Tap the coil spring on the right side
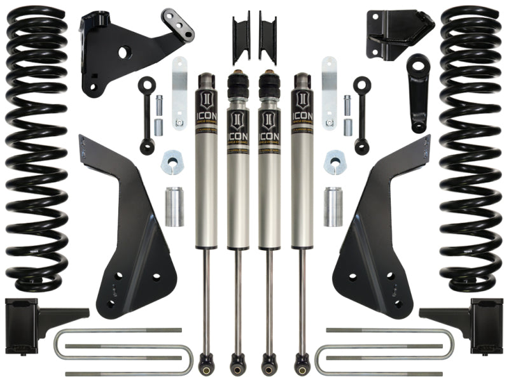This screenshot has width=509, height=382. pos(471,146)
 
